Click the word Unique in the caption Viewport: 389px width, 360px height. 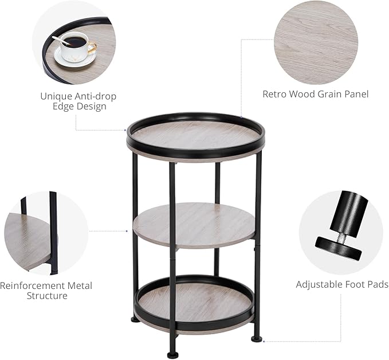(57, 96)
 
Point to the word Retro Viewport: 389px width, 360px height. (276, 93)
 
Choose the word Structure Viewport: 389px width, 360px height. (47, 296)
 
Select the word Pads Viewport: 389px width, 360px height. (377, 284)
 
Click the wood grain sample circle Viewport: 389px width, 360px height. (316, 42)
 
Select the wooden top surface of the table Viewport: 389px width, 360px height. (195, 135)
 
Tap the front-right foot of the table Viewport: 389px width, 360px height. (256, 339)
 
